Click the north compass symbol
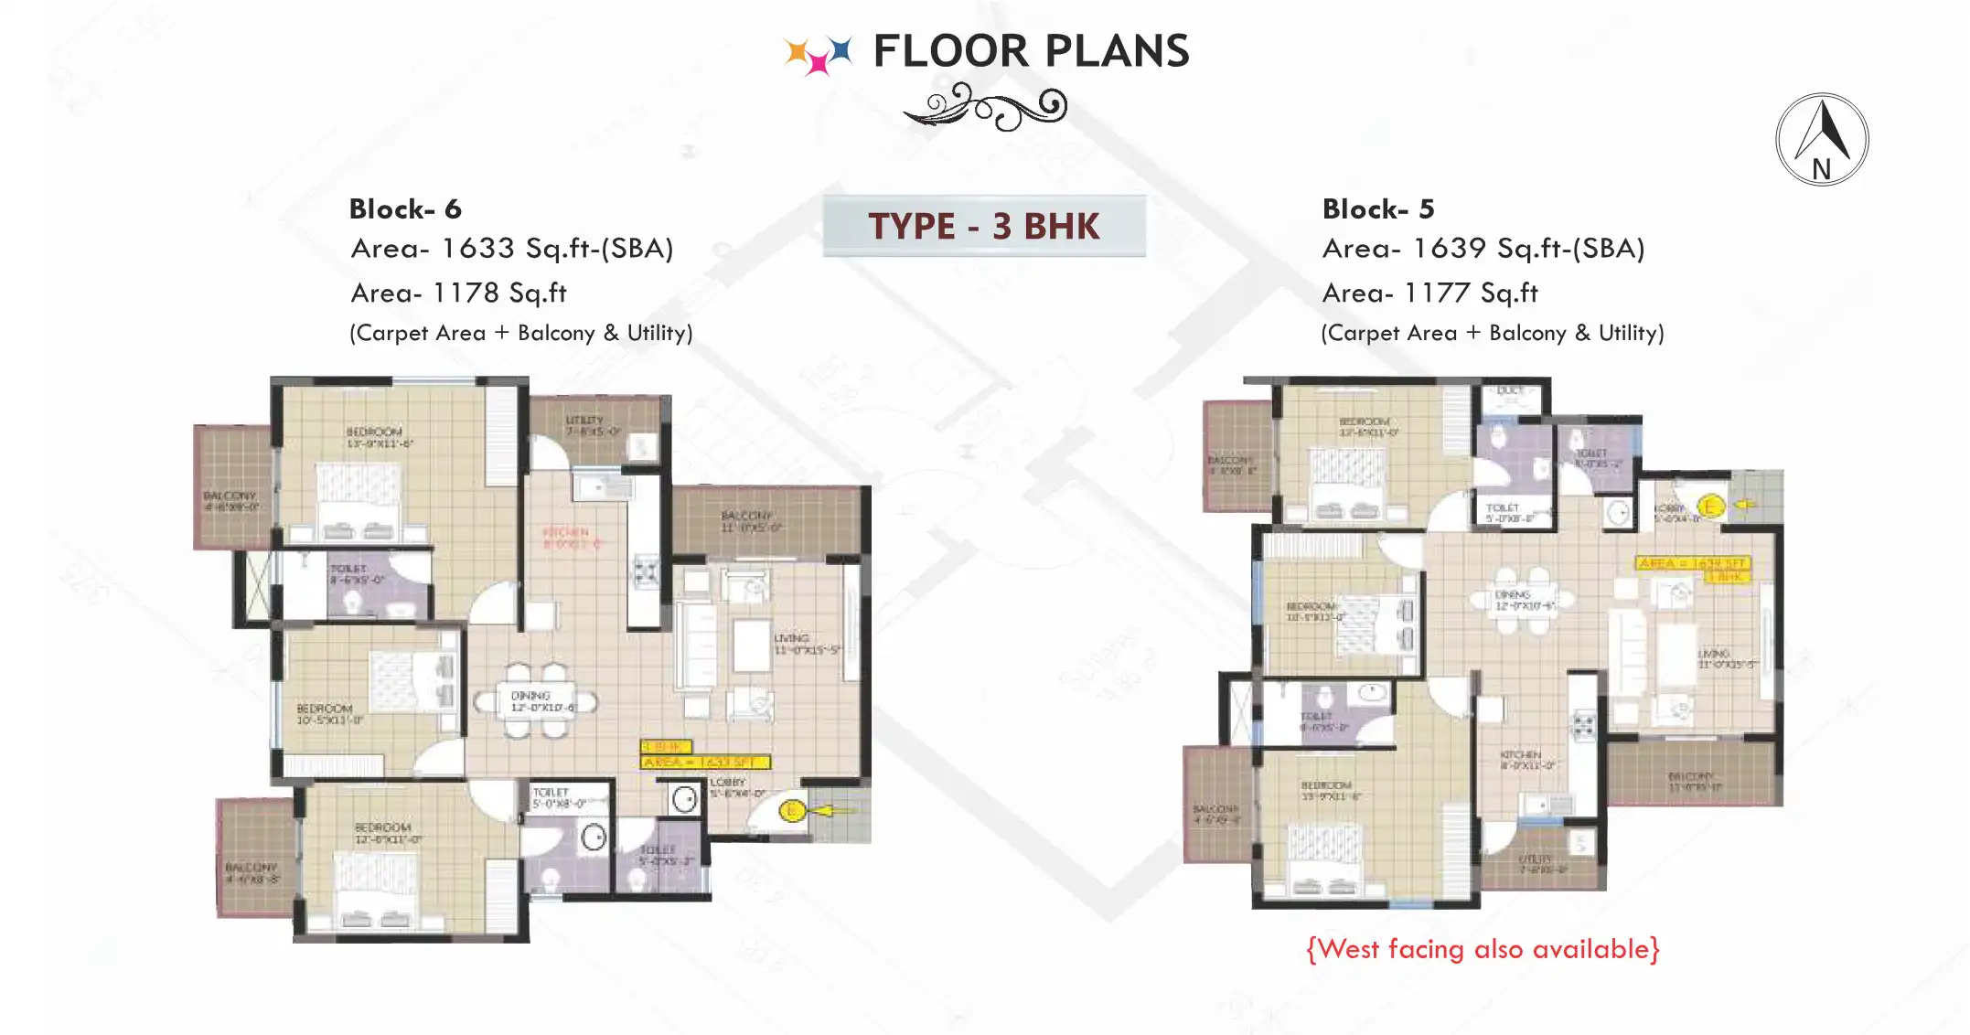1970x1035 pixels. [x=1821, y=140]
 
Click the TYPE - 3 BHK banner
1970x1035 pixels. [x=983, y=226]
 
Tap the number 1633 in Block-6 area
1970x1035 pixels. [x=477, y=248]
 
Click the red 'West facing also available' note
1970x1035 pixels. [x=1483, y=949]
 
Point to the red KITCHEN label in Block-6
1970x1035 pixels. [x=566, y=531]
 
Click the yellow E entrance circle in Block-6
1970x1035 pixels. [x=792, y=810]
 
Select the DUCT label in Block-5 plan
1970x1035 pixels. [x=1510, y=391]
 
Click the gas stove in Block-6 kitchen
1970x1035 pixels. [x=647, y=572]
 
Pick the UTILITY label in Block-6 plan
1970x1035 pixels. [x=584, y=420]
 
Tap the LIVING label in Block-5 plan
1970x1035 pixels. [x=1713, y=653]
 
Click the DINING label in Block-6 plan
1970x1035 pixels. [x=530, y=696]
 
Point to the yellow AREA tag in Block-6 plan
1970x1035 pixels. [x=704, y=762]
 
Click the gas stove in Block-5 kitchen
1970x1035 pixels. [x=1583, y=727]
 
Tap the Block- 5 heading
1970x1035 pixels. [x=1377, y=209]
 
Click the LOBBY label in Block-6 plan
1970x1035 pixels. [x=727, y=783]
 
